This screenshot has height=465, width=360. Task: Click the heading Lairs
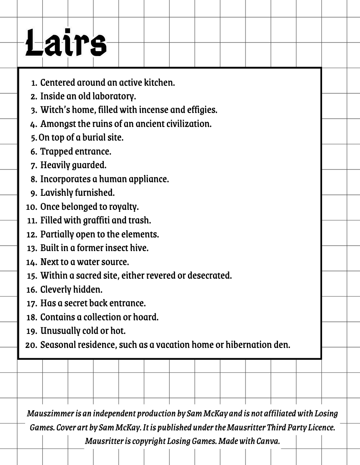[66, 43]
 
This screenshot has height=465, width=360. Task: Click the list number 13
[32, 248]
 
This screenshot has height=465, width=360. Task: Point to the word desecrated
[209, 275]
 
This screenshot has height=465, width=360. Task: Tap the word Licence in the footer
[320, 427]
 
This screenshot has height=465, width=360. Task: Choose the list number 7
[34, 166]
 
